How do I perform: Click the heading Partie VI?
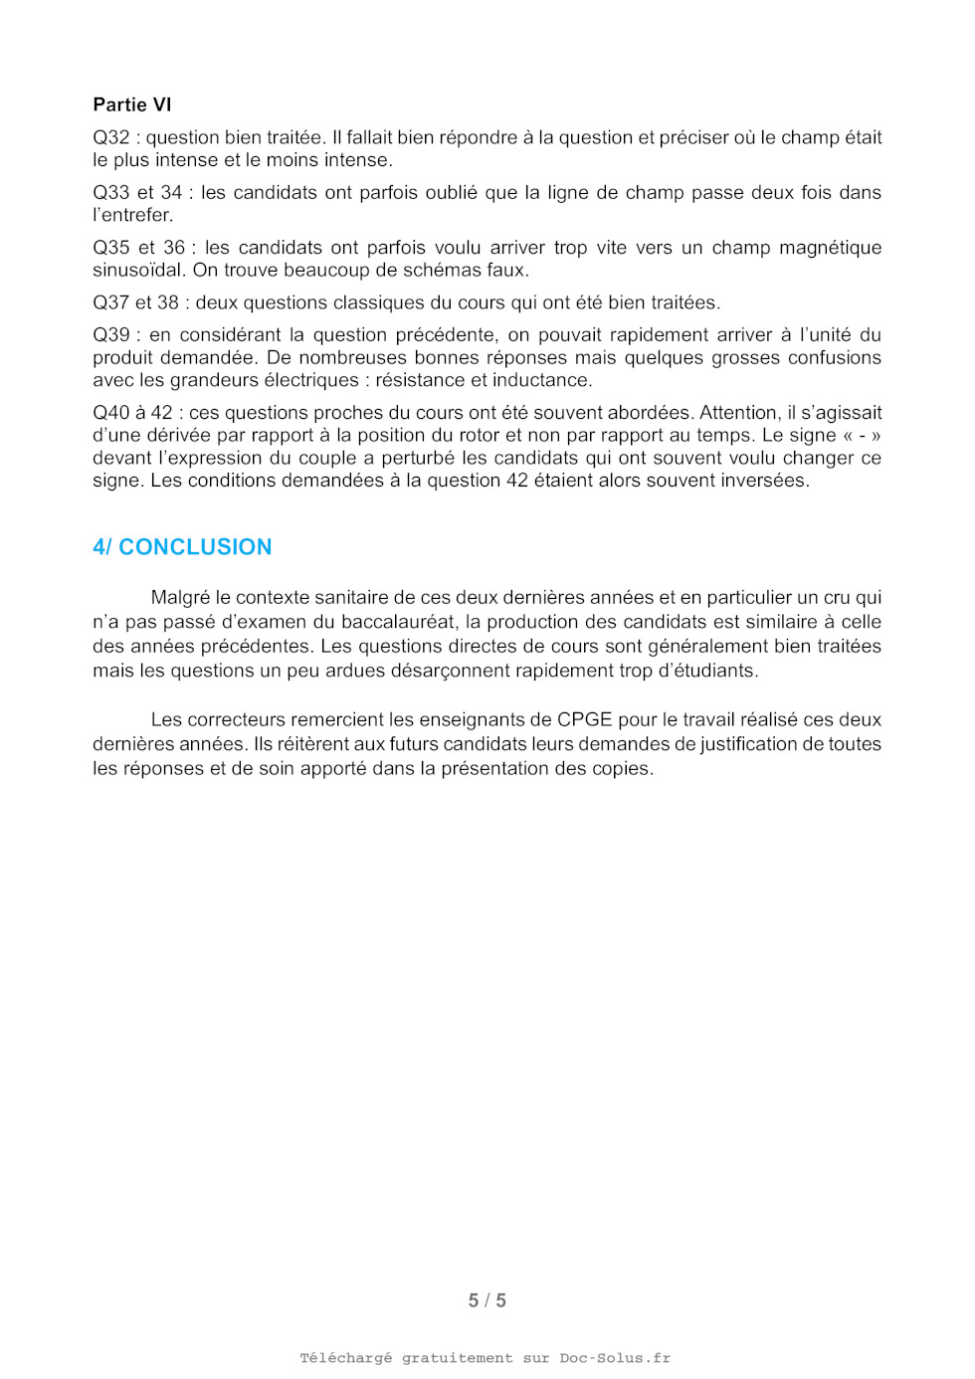(132, 104)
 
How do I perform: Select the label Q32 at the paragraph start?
(110, 137)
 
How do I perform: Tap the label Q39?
(110, 335)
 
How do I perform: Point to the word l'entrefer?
(132, 215)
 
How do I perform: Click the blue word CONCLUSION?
(195, 547)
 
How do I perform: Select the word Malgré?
(180, 598)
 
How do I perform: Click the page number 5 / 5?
(487, 1300)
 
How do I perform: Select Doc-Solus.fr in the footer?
(615, 1358)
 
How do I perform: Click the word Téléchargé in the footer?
(345, 1358)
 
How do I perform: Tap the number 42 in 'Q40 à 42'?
(162, 413)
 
